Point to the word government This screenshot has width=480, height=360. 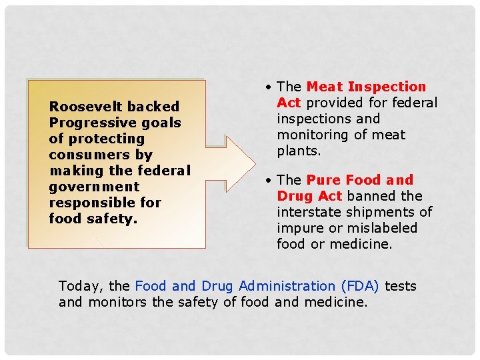pyautogui.click(x=94, y=187)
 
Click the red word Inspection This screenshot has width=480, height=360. pyautogui.click(x=387, y=87)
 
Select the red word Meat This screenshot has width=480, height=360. pyautogui.click(x=325, y=87)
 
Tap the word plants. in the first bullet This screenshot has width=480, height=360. pyautogui.click(x=299, y=151)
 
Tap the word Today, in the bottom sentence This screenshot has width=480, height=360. pyautogui.click(x=81, y=287)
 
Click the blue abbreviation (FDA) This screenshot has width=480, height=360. pyautogui.click(x=359, y=287)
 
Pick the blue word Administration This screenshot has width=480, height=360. pyautogui.click(x=287, y=287)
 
